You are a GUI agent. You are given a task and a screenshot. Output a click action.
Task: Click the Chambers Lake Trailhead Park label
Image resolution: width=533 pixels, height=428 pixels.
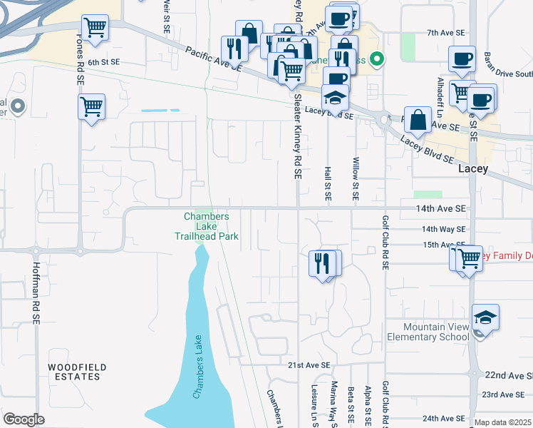(x=207, y=226)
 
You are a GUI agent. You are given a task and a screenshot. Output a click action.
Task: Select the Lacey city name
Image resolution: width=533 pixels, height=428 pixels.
(x=473, y=169)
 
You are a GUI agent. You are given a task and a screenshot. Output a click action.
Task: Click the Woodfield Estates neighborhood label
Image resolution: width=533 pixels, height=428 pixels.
(x=78, y=372)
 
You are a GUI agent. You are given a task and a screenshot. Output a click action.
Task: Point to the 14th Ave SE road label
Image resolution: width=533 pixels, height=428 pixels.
(x=441, y=208)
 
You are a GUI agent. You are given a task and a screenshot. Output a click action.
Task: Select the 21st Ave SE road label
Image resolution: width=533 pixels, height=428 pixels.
(x=310, y=365)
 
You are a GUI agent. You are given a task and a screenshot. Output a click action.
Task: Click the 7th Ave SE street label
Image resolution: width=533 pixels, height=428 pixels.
(x=446, y=33)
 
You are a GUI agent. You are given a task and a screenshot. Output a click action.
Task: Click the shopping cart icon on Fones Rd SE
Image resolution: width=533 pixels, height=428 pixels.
(x=91, y=108)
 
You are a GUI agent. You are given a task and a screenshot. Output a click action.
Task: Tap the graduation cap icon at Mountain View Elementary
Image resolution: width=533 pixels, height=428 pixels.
(x=485, y=317)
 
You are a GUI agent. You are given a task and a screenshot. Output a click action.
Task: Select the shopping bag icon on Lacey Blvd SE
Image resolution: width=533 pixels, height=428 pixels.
(x=420, y=121)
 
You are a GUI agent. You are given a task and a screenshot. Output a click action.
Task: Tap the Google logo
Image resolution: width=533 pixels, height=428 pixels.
(x=24, y=419)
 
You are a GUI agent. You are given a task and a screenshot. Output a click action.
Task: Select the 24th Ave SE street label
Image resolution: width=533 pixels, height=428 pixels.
(x=443, y=418)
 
